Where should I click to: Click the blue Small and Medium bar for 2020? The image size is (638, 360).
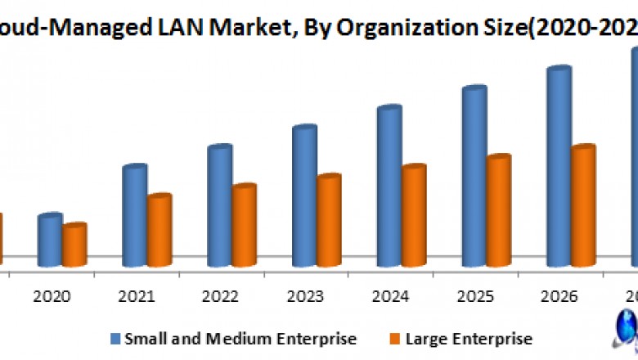50,240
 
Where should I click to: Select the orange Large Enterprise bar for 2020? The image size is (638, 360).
74,245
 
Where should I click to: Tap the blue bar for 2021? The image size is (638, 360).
134,216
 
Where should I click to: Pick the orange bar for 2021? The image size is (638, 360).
159,231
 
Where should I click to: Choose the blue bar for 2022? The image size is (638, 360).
219,206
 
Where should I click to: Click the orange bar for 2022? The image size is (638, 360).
244,226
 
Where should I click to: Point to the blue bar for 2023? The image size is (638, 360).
304,196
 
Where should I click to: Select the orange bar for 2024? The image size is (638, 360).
414,216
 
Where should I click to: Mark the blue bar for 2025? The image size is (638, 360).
474,176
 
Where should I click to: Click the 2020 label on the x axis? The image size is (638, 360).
50,296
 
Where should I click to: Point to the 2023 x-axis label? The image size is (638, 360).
304,296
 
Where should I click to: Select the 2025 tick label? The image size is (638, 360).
474,296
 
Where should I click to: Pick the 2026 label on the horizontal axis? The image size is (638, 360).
559,296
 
